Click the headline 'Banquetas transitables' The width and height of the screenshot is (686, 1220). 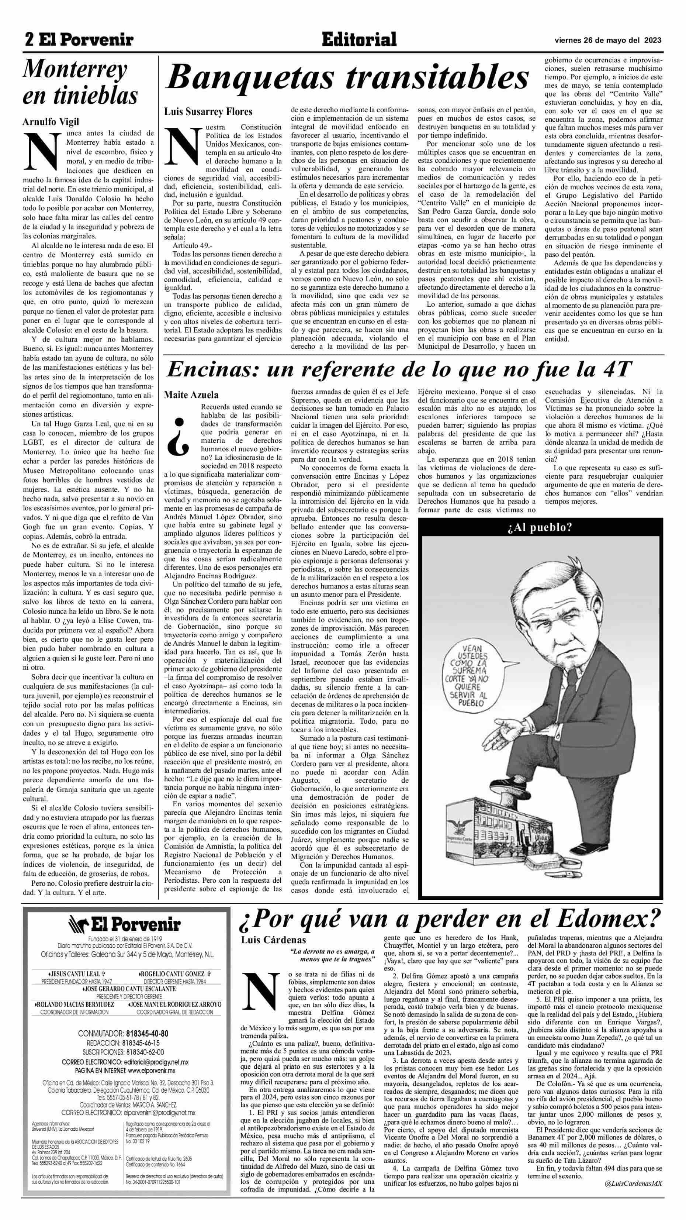point(347,78)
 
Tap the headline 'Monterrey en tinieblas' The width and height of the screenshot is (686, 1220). point(80,83)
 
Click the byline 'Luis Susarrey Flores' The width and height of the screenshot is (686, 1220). point(208,112)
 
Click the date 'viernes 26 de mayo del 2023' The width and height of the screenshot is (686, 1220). point(608,40)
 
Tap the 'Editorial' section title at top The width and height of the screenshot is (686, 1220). point(358,40)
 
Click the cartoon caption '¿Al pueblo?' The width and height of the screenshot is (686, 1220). point(540,527)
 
